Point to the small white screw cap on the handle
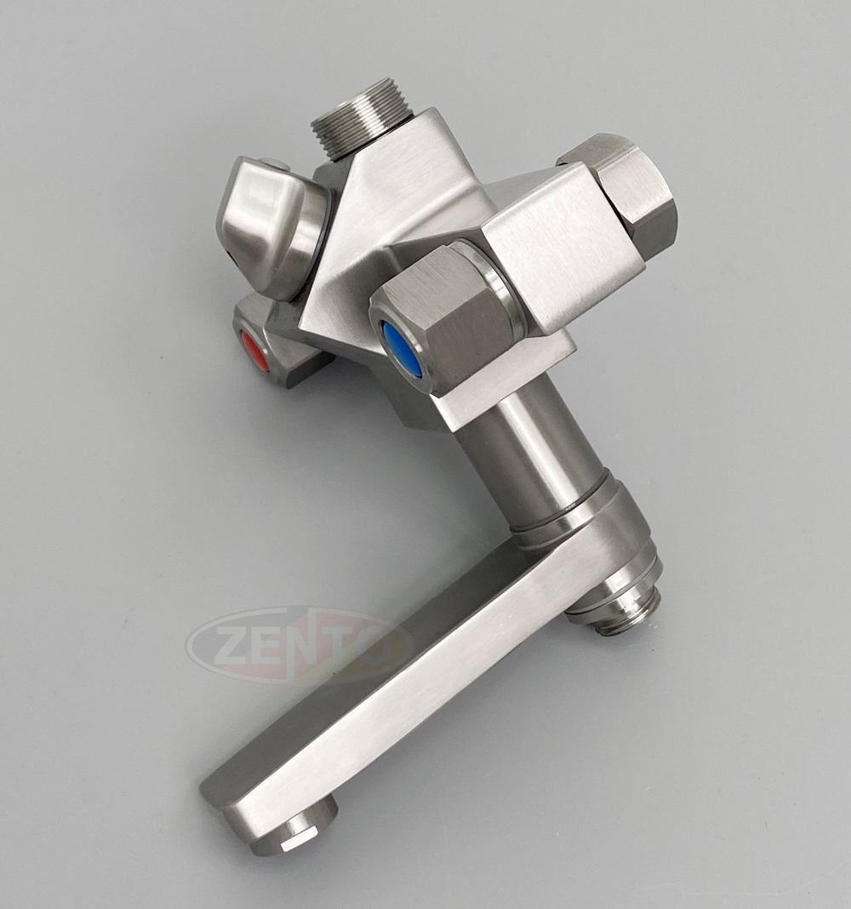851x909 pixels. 274,164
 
